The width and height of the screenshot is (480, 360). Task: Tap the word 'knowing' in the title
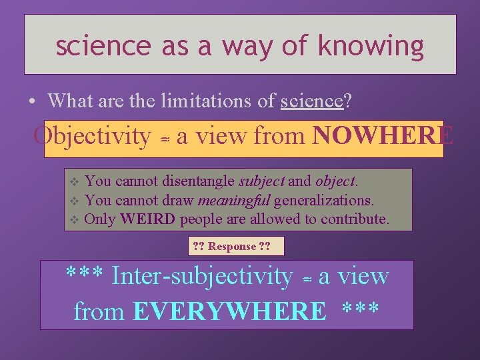point(371,45)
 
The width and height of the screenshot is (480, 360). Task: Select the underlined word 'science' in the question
point(311,101)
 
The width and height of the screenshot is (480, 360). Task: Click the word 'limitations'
point(197,101)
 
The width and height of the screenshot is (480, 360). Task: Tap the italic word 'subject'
point(261,181)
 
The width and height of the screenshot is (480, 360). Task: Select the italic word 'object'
point(336,181)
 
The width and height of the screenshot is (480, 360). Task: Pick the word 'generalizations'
point(323,200)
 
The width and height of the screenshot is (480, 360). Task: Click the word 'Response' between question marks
point(232,247)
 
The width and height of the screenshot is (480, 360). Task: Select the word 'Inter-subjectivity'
point(202,275)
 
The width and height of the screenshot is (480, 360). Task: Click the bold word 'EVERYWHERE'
point(230,311)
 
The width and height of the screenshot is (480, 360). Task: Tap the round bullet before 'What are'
point(32,102)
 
